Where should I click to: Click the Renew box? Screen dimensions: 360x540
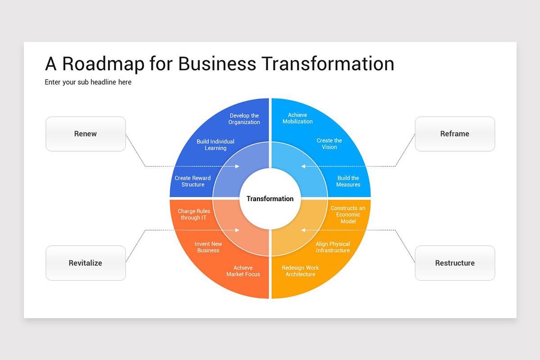pyautogui.click(x=85, y=134)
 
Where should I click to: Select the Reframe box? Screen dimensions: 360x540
pyautogui.click(x=454, y=134)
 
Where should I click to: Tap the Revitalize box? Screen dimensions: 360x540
pyautogui.click(x=85, y=263)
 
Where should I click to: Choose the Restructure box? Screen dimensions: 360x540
pyautogui.click(x=454, y=263)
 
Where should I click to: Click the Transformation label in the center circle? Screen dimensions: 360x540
pyautogui.click(x=270, y=199)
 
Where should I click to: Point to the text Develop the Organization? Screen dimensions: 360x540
pyautogui.click(x=244, y=119)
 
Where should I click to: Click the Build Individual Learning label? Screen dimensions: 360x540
pyautogui.click(x=216, y=145)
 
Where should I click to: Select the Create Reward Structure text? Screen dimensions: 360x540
pyautogui.click(x=193, y=181)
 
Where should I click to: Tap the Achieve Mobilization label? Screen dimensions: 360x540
pyautogui.click(x=297, y=118)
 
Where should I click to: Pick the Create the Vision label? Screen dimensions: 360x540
pyautogui.click(x=329, y=144)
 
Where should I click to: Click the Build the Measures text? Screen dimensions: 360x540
pyautogui.click(x=348, y=181)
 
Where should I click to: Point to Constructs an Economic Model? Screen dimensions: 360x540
pyautogui.click(x=348, y=215)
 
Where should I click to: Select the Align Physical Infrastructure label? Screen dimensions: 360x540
pyautogui.click(x=333, y=247)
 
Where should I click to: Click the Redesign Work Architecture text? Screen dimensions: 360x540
pyautogui.click(x=300, y=271)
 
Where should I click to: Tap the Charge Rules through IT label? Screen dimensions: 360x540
pyautogui.click(x=193, y=214)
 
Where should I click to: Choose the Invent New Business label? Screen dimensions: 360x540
pyautogui.click(x=208, y=247)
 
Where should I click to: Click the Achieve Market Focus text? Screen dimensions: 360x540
pyautogui.click(x=243, y=271)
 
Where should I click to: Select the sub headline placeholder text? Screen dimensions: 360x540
pyautogui.click(x=88, y=82)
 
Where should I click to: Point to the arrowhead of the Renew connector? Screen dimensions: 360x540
pyautogui.click(x=238, y=166)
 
